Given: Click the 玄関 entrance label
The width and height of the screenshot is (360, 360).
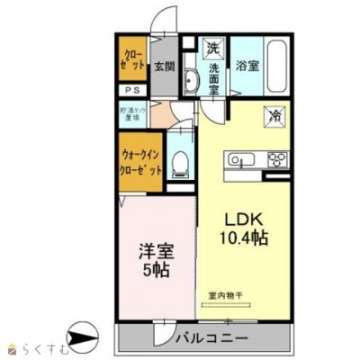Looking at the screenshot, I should pos(163,66).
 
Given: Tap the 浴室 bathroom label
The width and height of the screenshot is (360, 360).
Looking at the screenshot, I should pos(247,66).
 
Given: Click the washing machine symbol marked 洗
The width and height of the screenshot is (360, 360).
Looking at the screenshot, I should pos(213,47).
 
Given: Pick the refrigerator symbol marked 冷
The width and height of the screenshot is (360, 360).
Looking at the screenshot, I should pos(272,115).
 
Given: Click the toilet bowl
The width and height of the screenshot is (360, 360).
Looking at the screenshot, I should pos(180,163).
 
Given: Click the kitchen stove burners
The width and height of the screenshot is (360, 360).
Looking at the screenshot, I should pos(275,160).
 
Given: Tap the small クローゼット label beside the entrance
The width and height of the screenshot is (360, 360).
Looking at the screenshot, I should pos(131,59).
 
